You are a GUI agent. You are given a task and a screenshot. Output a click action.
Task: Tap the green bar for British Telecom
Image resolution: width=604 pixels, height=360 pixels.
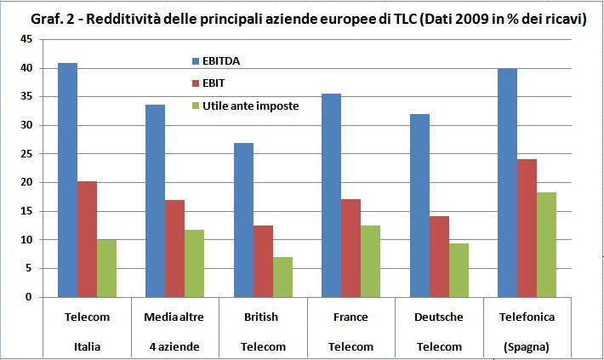(x=282, y=277)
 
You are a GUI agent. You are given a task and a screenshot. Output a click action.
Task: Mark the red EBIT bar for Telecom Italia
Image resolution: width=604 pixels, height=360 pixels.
(x=86, y=239)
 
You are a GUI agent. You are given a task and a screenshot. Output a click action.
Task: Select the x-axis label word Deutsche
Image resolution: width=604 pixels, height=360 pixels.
(x=439, y=317)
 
